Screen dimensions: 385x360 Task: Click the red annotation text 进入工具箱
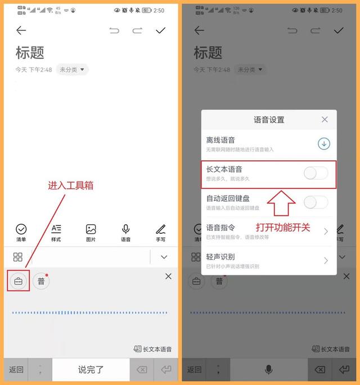point(70,185)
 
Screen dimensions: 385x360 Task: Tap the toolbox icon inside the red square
point(19,281)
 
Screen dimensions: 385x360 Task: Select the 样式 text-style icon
point(56,229)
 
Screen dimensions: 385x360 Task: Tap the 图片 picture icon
point(91,229)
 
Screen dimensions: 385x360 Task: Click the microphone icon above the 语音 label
point(126,229)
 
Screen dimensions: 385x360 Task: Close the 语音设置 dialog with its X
point(325,120)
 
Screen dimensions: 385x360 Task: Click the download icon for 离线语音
point(323,144)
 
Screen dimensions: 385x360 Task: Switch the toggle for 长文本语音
point(316,173)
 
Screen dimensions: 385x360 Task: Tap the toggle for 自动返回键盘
point(316,202)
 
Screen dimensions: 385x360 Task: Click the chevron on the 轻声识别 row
point(326,261)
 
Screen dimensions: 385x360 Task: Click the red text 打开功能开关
point(283,228)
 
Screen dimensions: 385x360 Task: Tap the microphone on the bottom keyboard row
point(269,369)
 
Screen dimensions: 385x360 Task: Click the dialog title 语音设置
point(269,120)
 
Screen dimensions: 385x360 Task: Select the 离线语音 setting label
point(220,140)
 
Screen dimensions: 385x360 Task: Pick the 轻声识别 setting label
point(220,257)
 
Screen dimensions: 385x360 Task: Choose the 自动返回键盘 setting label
point(228,198)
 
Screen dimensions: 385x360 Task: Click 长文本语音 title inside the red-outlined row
point(224,169)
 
